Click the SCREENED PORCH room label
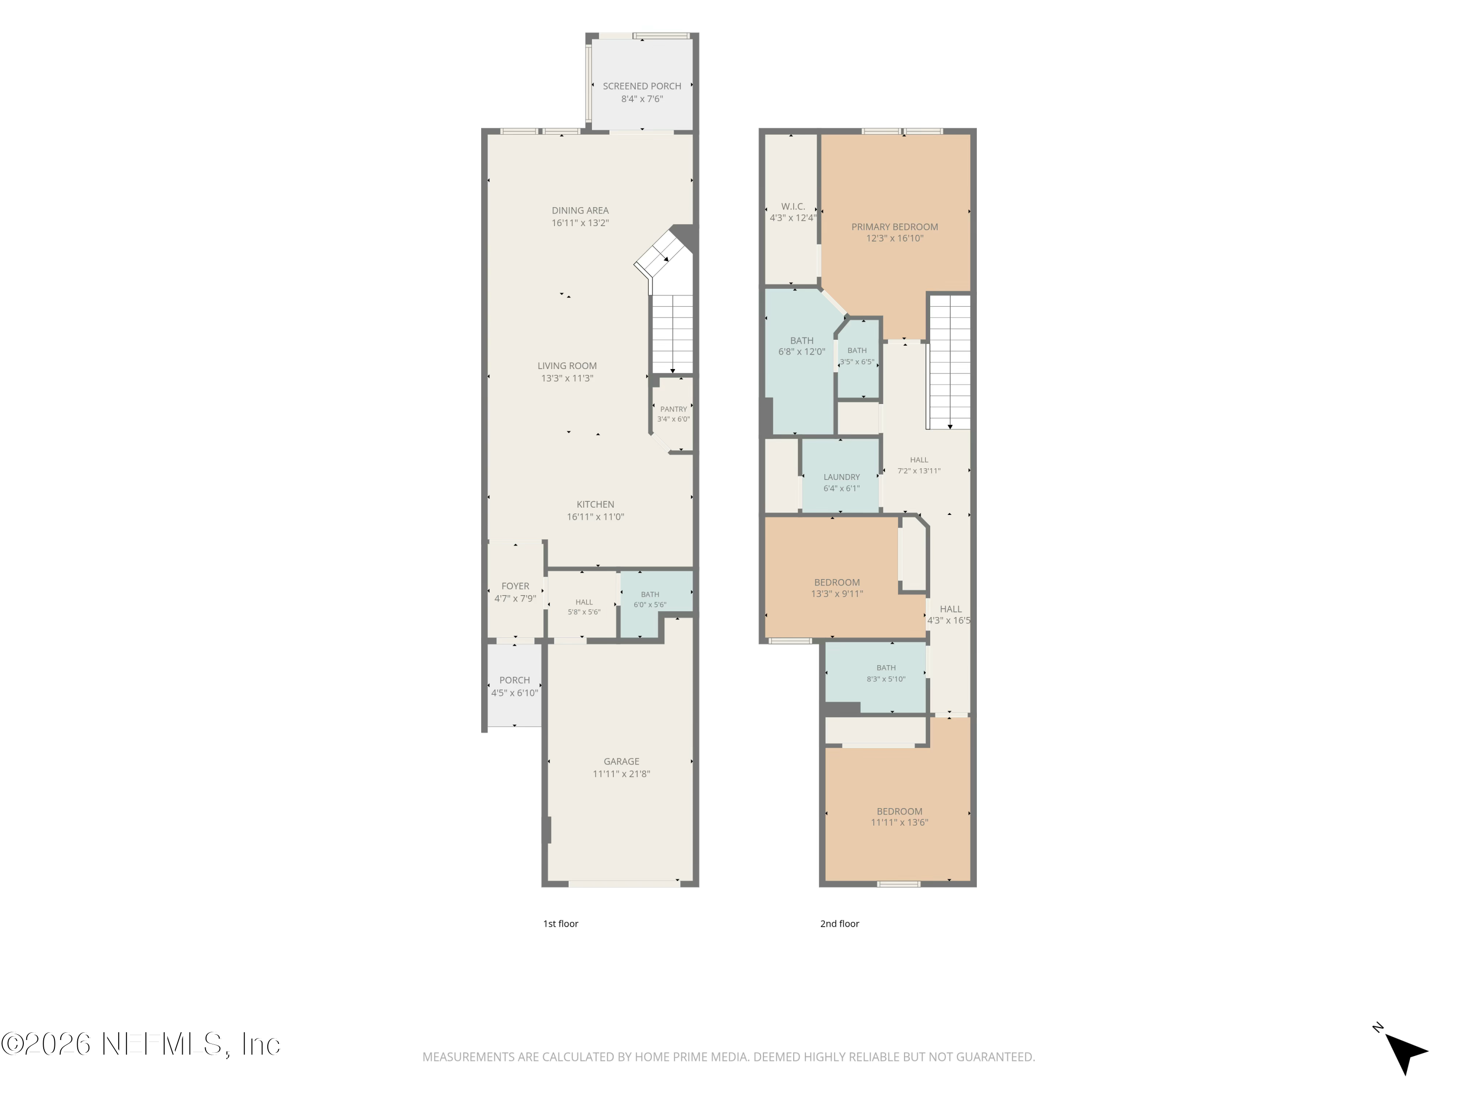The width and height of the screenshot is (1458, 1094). [642, 86]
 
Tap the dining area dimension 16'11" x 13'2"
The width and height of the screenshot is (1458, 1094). [580, 223]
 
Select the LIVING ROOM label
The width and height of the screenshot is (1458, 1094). [567, 365]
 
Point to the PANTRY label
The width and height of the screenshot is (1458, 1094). [673, 409]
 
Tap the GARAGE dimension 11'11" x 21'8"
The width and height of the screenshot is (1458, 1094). [621, 774]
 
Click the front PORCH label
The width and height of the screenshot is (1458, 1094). [514, 680]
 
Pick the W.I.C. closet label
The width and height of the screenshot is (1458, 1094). [793, 207]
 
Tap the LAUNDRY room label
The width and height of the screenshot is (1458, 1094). [842, 477]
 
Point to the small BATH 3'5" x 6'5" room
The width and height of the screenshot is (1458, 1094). [858, 359]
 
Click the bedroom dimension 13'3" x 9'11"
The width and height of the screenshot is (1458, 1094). [837, 594]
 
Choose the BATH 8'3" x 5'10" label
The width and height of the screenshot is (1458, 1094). [886, 668]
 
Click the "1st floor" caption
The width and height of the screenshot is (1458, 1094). [560, 924]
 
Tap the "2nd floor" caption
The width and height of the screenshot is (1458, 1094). [840, 924]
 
